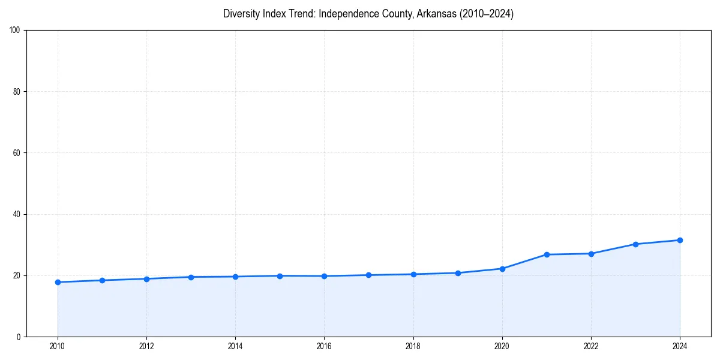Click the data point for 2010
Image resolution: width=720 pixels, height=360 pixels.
(x=58, y=282)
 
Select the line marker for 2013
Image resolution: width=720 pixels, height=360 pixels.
(x=191, y=277)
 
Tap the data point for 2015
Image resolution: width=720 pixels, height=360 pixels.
(x=280, y=276)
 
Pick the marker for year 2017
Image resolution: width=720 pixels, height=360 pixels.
(x=368, y=275)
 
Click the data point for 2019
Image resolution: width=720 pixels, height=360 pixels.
(x=458, y=273)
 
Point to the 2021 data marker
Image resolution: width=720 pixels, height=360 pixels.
(x=547, y=254)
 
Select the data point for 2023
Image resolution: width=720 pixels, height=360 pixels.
(x=635, y=244)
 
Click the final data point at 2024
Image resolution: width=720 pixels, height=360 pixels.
(x=680, y=240)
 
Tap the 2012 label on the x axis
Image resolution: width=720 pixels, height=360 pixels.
(x=146, y=346)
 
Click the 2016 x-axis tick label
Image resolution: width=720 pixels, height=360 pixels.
(x=324, y=346)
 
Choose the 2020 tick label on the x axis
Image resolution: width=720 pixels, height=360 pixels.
(x=502, y=346)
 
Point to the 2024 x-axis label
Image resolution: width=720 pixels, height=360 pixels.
(x=680, y=346)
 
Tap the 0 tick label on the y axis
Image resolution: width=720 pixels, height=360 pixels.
(x=19, y=337)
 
